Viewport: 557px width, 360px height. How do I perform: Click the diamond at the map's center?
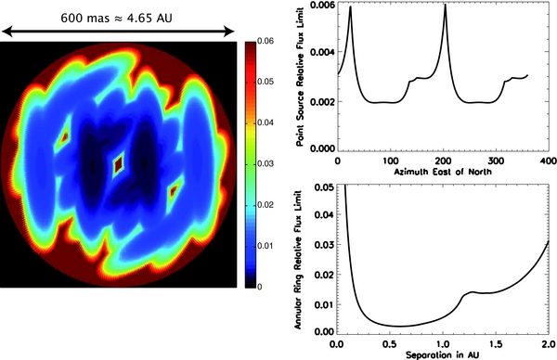(x=118, y=165)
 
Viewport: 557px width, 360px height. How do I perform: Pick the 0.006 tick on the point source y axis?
(x=320, y=6)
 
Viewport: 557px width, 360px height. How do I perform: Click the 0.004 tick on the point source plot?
(x=320, y=53)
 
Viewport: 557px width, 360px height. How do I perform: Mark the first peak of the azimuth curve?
(x=351, y=7)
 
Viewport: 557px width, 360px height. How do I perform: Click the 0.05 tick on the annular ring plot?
(x=324, y=188)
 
